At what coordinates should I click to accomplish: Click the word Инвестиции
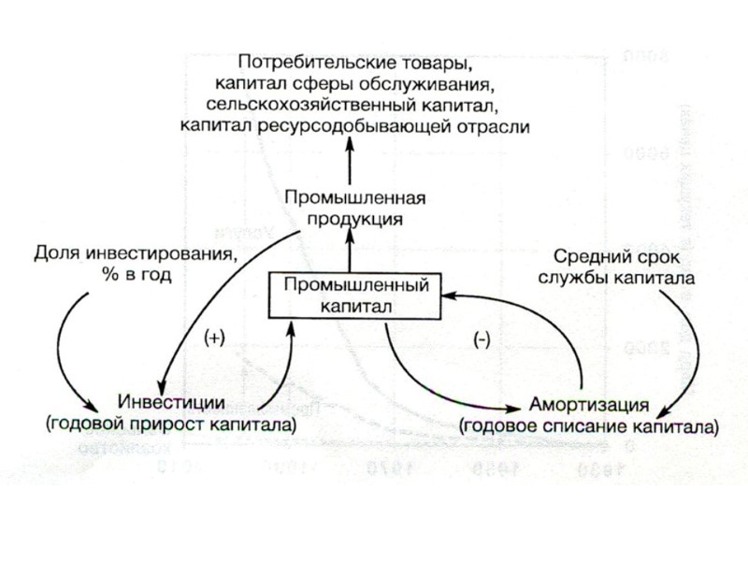click(x=171, y=403)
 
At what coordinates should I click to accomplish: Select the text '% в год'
click(x=137, y=274)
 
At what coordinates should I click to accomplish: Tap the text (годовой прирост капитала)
click(x=171, y=424)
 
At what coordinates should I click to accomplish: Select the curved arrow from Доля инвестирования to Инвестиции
click(x=63, y=346)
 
